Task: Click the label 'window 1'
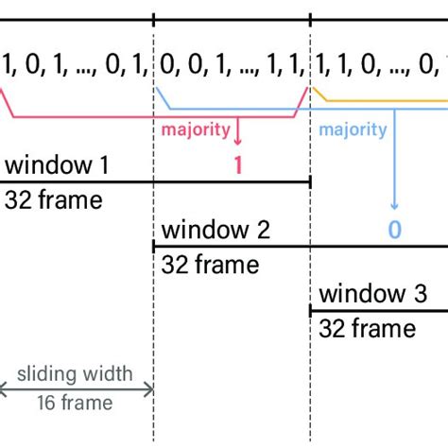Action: (57, 166)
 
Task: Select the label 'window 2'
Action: (215, 230)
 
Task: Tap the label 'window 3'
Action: (373, 293)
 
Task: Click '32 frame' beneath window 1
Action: (53, 199)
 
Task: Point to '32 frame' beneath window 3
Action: (367, 327)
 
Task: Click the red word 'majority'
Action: (194, 129)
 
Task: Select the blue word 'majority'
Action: (353, 129)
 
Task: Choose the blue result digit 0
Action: (394, 230)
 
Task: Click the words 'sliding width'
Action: (76, 374)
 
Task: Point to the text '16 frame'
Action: (76, 403)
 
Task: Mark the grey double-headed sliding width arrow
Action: (76, 388)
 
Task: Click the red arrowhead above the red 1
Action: (238, 141)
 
